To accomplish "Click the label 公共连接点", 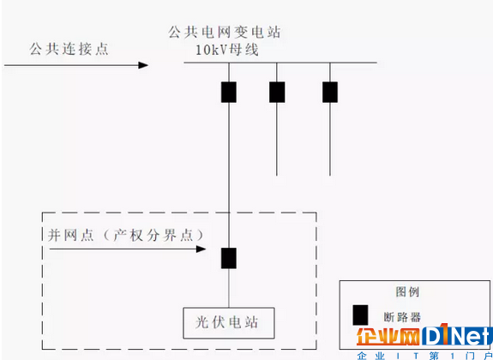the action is [69, 49].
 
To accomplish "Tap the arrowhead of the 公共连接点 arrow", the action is [143, 65].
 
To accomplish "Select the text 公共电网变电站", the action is [225, 32].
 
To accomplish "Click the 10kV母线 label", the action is [227, 50].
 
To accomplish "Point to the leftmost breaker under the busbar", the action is [229, 92].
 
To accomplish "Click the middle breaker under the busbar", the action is [277, 92].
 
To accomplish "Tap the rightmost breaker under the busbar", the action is [330, 92].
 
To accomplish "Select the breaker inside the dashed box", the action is [229, 258].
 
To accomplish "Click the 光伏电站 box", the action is [229, 323].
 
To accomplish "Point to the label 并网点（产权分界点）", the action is [126, 235].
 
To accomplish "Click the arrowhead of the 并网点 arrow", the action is [201, 249].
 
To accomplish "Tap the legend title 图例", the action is [407, 291].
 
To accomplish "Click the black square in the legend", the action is [360, 315].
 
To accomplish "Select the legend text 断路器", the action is [402, 317].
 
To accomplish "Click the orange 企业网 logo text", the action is [388, 337].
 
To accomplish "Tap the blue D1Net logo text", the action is [457, 335].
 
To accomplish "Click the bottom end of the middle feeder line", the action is [277, 176].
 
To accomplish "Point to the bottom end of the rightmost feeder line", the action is [330, 176].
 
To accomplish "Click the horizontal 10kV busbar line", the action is [280, 63].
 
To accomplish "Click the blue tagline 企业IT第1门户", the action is [425, 356].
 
